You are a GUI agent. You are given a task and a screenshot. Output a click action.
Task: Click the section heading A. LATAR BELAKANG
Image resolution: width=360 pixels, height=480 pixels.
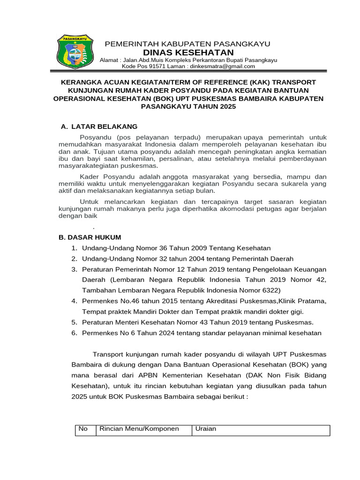coord(99,127)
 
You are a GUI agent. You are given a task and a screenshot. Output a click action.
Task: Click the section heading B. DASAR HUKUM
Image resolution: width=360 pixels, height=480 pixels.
coord(90,237)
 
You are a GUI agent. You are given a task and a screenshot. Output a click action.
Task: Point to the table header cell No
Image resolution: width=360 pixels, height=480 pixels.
coord(83,429)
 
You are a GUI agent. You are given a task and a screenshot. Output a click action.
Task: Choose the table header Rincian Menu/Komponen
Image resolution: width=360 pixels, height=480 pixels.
coord(138,429)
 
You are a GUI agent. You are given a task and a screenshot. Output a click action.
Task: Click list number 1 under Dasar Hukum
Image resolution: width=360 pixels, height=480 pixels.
coord(74,248)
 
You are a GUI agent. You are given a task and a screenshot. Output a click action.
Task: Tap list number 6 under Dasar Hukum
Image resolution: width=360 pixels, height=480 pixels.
coord(74,333)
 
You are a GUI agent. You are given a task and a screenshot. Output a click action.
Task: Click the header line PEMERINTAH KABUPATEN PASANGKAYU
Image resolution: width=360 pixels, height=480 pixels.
coord(187,44)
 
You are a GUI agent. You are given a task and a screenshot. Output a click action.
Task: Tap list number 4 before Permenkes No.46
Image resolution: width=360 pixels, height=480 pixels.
coord(74,300)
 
